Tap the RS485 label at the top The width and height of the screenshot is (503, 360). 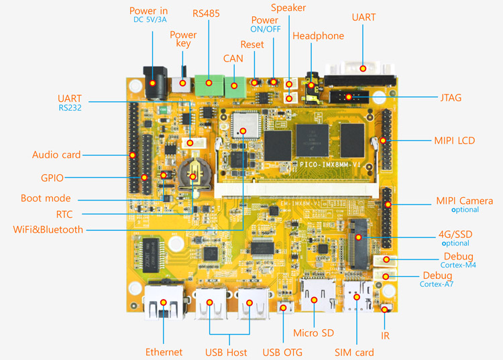tap(205, 13)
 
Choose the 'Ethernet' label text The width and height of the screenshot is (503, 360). tap(164, 352)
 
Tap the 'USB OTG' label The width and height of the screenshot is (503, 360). tap(282, 352)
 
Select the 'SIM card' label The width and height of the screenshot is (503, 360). tap(354, 352)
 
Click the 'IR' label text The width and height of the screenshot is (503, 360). tap(385, 335)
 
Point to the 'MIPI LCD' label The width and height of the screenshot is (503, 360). tap(454, 141)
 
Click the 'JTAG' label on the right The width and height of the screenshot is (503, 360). tap(448, 98)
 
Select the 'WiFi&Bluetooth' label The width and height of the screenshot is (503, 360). tap(48, 229)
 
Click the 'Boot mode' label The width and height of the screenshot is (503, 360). tap(46, 198)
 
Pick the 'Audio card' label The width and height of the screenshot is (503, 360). tap(56, 155)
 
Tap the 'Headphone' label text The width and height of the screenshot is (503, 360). tap(318, 36)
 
